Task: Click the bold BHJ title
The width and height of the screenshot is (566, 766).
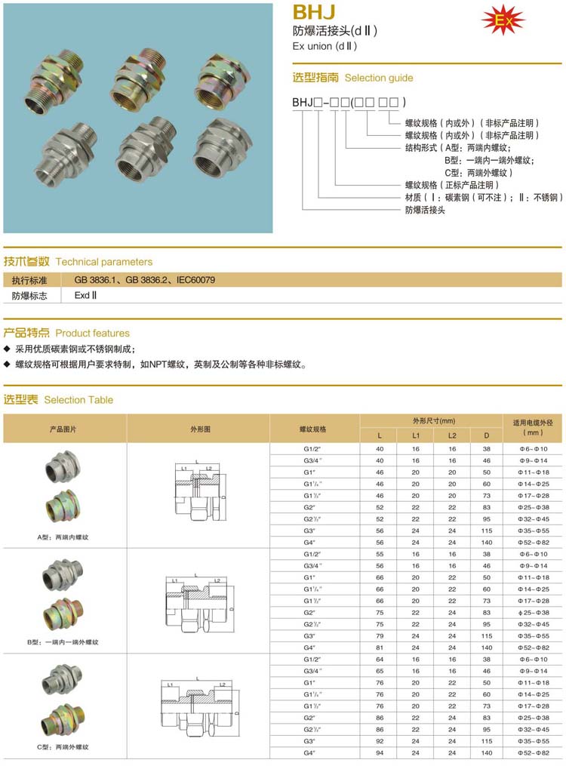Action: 313,11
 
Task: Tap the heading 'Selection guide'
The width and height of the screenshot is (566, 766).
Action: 379,78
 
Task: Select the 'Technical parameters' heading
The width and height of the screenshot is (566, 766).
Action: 104,262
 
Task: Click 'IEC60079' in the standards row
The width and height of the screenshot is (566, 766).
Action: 196,280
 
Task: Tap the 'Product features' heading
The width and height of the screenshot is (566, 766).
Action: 93,333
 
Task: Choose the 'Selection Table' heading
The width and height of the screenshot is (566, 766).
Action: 78,399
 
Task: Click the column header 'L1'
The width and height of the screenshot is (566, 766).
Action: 416,435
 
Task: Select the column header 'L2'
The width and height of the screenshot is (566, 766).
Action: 451,435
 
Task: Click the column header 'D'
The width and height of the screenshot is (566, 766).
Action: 487,435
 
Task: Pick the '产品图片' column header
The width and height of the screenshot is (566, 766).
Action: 63,429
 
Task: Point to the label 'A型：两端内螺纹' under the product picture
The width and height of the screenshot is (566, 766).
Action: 63,537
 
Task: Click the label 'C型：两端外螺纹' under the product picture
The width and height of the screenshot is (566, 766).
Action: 63,747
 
